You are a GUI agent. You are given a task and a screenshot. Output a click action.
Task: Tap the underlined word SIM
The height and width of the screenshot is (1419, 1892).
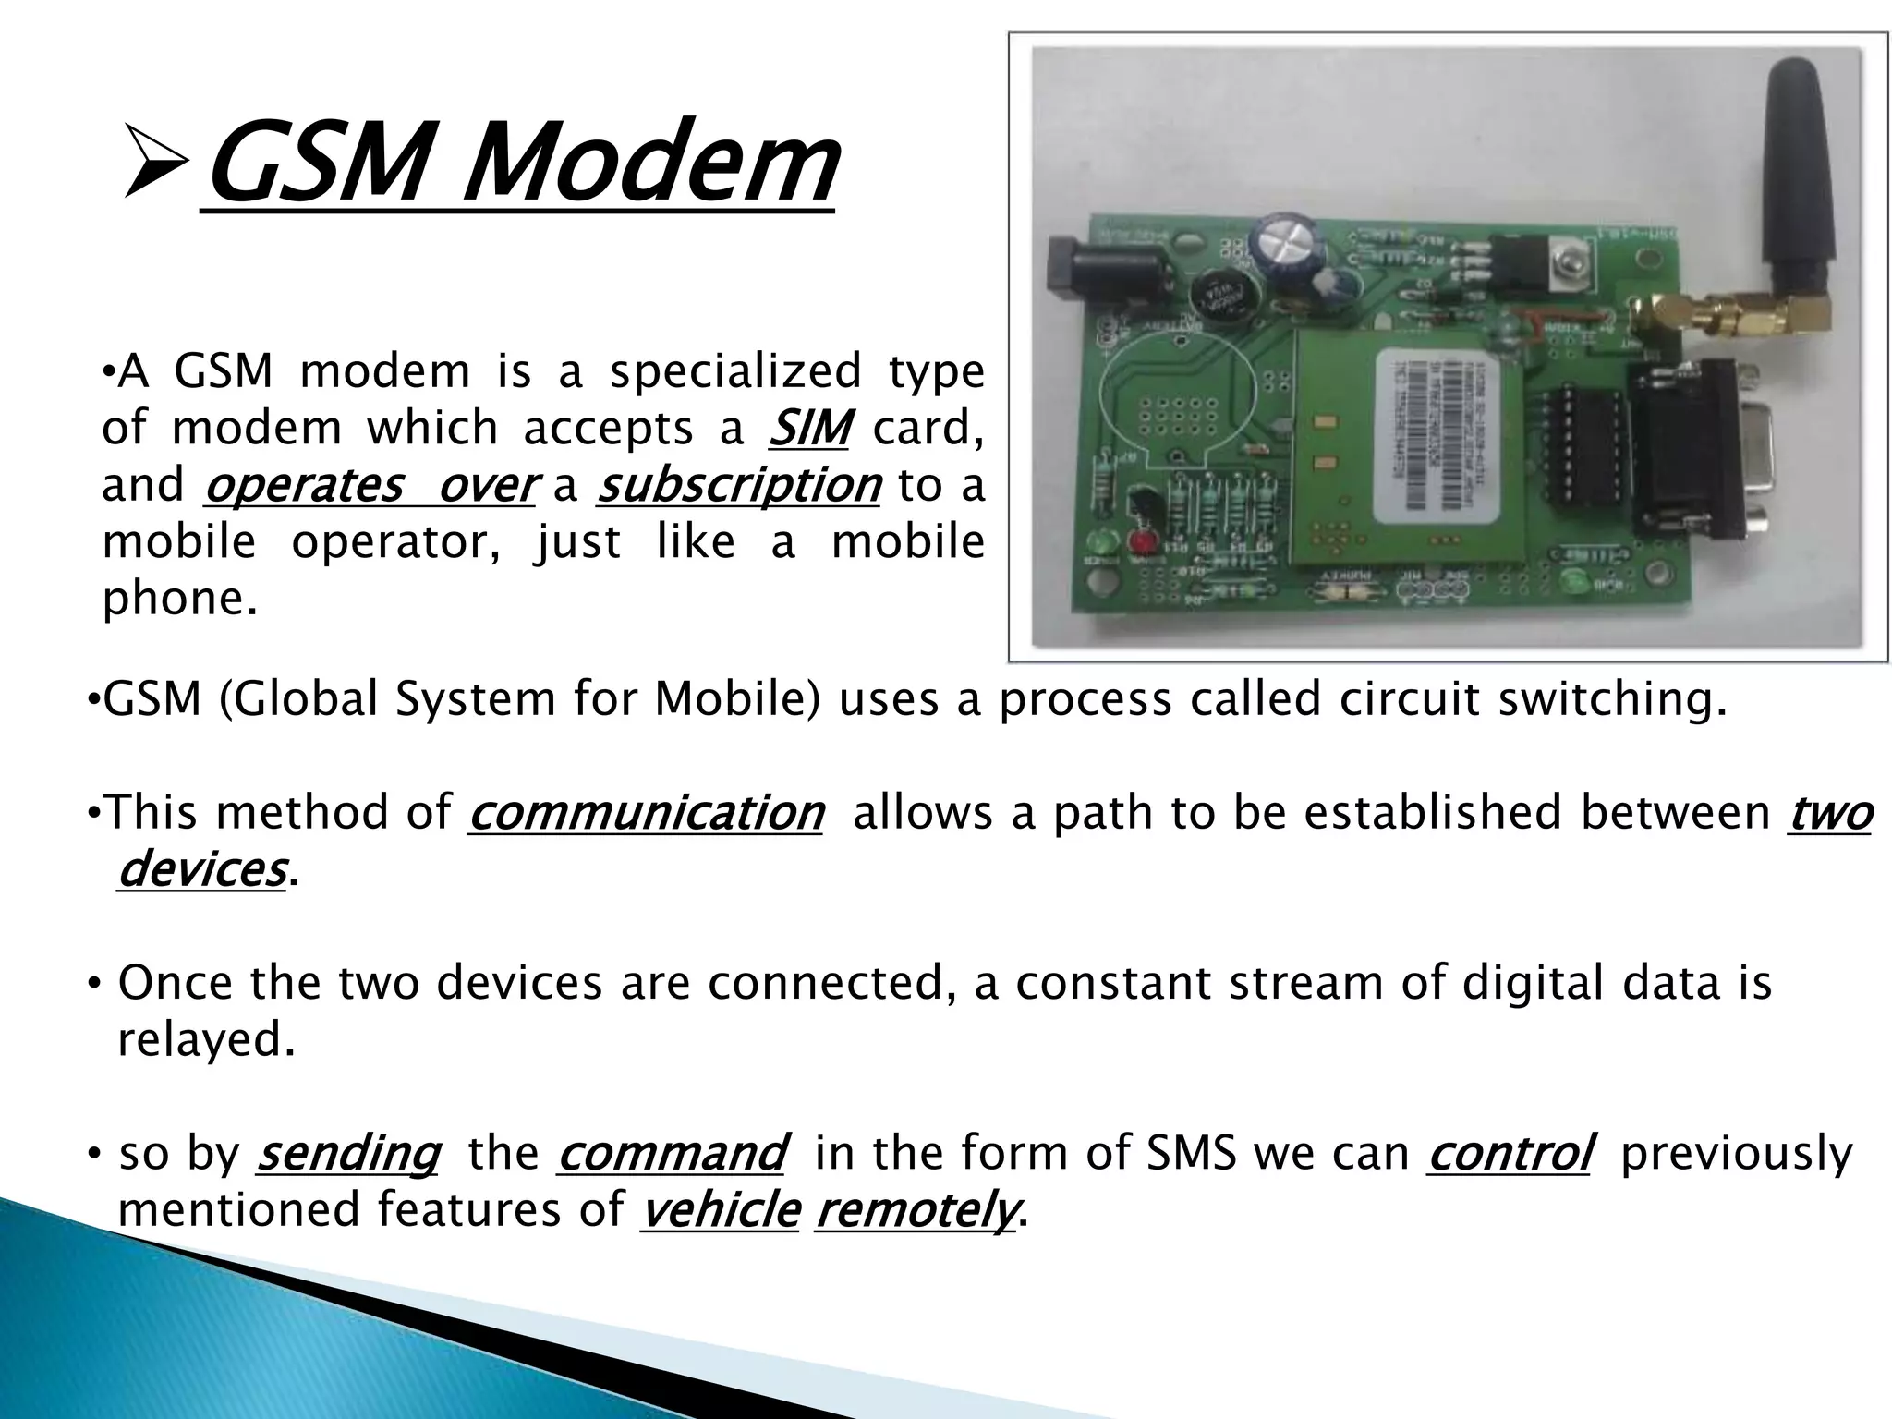(809, 428)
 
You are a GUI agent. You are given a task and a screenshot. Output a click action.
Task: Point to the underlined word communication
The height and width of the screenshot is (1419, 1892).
(646, 813)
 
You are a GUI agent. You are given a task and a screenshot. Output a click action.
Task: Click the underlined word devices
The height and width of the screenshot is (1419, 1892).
(202, 869)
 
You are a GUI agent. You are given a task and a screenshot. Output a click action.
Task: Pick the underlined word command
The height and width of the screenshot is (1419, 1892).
(672, 1153)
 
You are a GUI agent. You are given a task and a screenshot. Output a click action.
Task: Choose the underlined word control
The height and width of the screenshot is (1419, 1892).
(1510, 1153)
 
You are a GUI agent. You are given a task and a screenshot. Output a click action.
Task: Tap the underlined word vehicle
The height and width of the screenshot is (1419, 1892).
(720, 1210)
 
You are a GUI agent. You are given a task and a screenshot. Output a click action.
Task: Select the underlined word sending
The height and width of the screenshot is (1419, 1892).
(347, 1153)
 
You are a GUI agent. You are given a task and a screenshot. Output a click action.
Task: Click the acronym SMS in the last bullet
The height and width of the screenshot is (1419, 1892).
(1192, 1153)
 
